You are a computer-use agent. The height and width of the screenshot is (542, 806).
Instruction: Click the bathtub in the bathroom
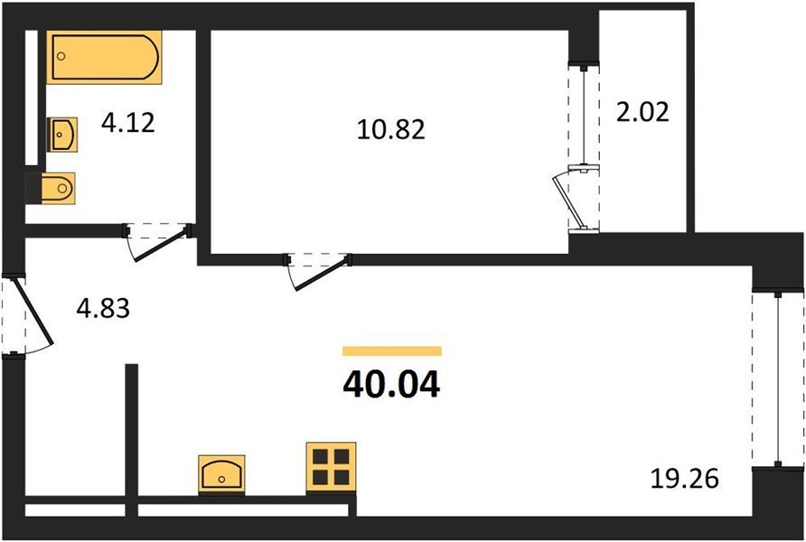[x=104, y=57]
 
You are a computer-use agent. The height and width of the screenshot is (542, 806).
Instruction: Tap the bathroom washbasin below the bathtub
[x=62, y=135]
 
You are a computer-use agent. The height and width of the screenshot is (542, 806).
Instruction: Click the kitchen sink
[x=221, y=474]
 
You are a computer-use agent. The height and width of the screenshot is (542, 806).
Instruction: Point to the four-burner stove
[x=331, y=467]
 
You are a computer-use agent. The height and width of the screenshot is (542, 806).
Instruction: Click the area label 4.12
[x=128, y=123]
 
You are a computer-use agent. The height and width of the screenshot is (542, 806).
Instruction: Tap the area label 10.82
[x=391, y=129]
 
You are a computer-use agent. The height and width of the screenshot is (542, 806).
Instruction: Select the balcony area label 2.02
[x=642, y=112]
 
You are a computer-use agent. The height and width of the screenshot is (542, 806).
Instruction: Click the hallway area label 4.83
[x=103, y=309]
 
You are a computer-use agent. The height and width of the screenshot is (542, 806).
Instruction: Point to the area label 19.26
[x=685, y=479]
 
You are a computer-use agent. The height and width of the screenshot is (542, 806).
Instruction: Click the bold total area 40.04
[x=391, y=385]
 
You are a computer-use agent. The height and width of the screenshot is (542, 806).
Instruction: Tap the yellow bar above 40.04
[x=392, y=350]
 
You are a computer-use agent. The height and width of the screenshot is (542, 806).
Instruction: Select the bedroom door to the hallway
[x=320, y=271]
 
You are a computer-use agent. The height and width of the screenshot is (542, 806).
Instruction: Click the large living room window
[x=778, y=379]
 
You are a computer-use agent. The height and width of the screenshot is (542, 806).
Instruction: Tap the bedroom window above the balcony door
[x=584, y=115]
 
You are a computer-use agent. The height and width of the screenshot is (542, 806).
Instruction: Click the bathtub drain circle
[x=61, y=55]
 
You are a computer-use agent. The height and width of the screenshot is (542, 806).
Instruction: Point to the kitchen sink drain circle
[x=221, y=480]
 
